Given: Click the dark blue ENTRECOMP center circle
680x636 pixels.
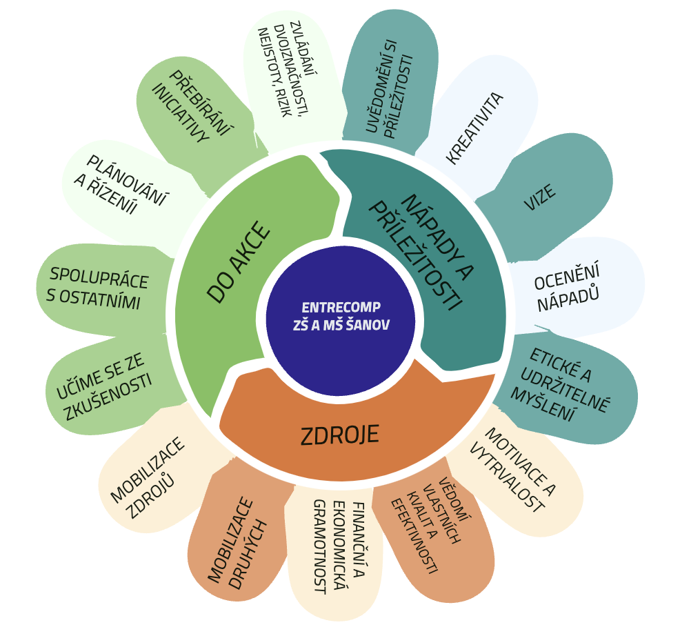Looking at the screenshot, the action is point(341,321).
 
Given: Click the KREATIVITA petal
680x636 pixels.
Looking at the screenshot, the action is point(477,126).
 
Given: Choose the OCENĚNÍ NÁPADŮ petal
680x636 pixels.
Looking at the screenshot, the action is point(572,286).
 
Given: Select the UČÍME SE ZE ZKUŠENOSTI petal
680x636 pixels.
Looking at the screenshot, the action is point(106,386).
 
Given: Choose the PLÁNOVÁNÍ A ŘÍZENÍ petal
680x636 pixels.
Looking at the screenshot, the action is point(123,191).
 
